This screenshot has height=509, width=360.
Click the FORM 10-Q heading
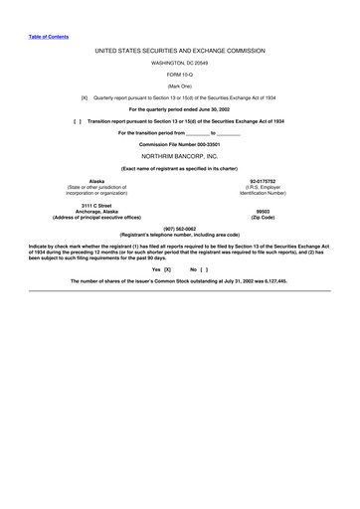[x=179, y=73]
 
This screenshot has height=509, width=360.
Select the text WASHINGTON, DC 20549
[x=179, y=61]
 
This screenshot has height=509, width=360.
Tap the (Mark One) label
[x=179, y=85]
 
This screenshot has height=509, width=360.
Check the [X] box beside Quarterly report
[x=84, y=97]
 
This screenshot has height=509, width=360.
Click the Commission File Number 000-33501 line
[x=179, y=144]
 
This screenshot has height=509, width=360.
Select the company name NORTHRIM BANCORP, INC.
[x=179, y=156]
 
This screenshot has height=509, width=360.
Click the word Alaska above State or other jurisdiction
[x=96, y=181]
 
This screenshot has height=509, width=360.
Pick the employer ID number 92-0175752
[x=263, y=181]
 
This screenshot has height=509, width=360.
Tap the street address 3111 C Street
[x=96, y=205]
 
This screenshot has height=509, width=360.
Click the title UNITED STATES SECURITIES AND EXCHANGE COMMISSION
[x=179, y=48]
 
